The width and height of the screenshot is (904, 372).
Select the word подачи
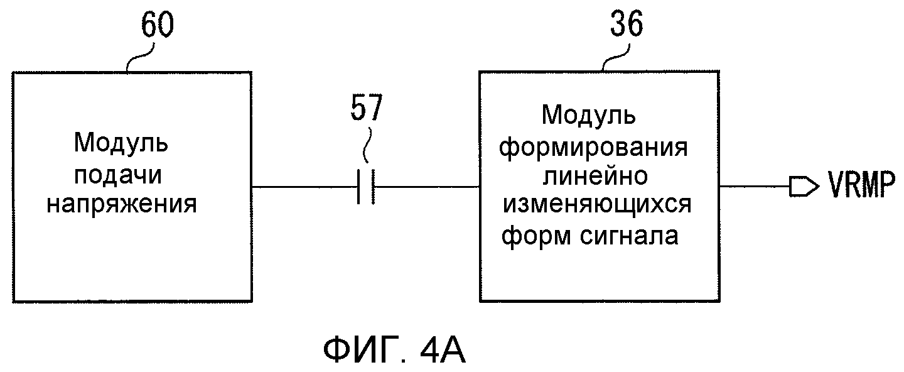coord(121,175)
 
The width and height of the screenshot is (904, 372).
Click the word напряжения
coord(122,205)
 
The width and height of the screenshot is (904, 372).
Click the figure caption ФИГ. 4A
coord(395,351)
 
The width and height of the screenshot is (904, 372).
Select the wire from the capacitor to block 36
coord(427,187)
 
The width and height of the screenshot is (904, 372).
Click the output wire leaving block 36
coord(753,186)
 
